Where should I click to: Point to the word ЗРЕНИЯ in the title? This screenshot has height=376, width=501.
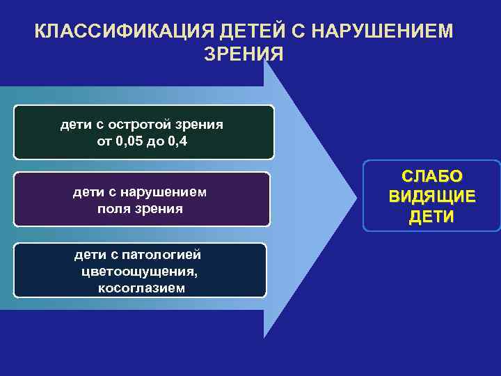point(244,54)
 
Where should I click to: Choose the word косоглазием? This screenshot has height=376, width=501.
point(142,288)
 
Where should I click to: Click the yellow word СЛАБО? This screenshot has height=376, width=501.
point(432,178)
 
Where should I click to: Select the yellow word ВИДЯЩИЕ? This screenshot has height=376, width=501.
point(432,196)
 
